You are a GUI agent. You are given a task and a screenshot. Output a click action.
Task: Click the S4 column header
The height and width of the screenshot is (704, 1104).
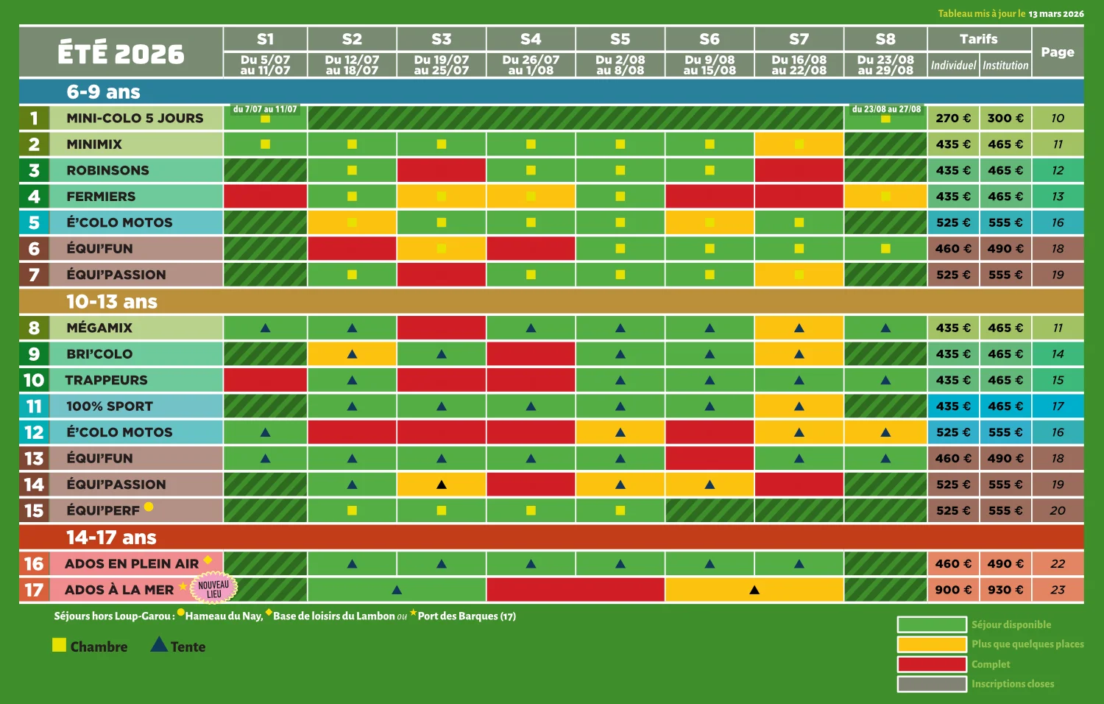coord(531,39)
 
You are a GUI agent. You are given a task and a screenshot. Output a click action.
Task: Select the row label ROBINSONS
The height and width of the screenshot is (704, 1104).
coord(107,171)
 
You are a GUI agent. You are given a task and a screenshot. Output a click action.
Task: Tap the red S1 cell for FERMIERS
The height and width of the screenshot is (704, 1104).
coord(265,197)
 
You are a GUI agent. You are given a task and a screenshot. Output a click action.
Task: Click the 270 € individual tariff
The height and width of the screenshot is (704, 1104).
coord(953,119)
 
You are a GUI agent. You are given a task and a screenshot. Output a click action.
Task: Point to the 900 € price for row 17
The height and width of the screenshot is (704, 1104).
coord(953,590)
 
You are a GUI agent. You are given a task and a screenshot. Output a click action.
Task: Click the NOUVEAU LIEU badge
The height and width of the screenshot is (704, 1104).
coord(213,589)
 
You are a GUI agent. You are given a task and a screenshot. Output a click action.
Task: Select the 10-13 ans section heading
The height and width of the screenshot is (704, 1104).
coord(112,302)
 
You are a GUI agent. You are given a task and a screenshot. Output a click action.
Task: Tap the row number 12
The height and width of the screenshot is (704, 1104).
coord(34,432)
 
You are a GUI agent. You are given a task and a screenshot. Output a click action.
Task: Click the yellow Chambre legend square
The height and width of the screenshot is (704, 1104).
coord(60,645)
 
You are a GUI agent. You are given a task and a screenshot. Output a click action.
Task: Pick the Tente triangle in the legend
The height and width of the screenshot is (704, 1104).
coord(159,645)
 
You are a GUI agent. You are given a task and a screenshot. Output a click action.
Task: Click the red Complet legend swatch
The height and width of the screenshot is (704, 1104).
coord(931,664)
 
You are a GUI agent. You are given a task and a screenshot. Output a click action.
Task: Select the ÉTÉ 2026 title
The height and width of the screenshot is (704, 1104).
coord(121,53)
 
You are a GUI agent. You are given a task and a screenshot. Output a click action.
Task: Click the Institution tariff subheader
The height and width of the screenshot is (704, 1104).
coord(1005,66)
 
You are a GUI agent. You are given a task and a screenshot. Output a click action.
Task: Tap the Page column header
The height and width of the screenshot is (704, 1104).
coord(1058,52)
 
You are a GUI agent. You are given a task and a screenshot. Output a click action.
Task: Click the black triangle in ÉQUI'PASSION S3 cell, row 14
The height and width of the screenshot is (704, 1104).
coord(442,485)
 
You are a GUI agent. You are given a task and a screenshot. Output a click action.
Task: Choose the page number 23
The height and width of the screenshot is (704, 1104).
coord(1058,590)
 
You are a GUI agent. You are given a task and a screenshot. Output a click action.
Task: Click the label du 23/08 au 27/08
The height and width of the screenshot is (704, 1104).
coord(886,109)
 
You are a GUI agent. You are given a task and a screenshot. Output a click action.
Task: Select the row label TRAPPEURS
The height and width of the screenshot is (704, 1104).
coord(107,380)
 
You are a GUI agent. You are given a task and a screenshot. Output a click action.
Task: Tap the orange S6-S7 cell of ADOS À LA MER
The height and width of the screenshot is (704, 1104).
coord(754,590)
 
